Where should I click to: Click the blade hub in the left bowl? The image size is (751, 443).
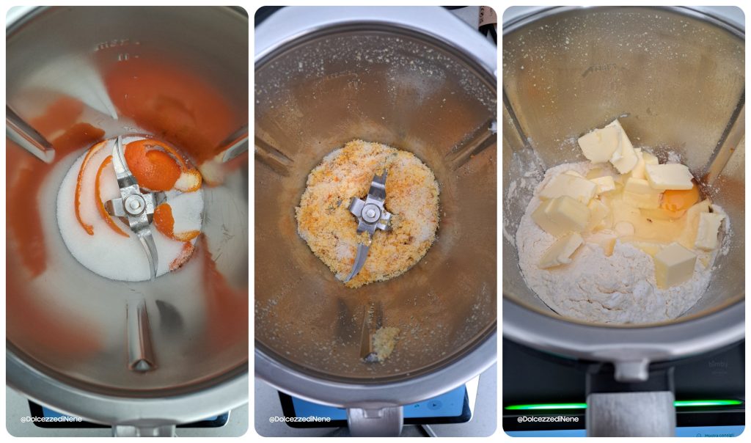pos(134,205)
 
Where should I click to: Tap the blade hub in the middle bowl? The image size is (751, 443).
pos(371,213)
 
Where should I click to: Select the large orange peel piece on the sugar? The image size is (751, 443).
pos(153,166)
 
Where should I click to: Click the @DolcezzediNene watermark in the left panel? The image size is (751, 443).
pos(51,419)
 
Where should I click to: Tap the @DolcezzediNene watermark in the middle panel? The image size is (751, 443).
pos(299,419)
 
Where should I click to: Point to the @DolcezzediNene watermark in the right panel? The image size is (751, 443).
pos(547,419)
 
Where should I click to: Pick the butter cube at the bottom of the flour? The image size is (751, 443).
pos(674,264)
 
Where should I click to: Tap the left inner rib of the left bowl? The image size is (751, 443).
pos(29,135)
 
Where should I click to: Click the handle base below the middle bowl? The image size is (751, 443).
pos(374,421)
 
